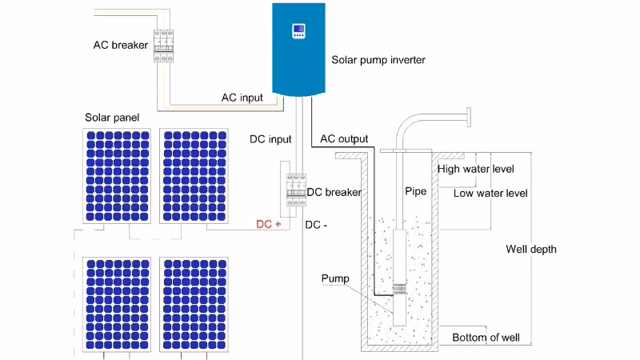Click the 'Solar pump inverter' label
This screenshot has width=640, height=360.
coord(378,60)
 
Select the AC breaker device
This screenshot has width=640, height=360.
coord(164,46)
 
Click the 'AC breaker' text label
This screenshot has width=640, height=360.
coord(121,45)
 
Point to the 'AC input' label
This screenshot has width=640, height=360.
coord(242,98)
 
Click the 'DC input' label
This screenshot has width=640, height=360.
coord(270,139)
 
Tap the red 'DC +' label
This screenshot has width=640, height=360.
coord(268,224)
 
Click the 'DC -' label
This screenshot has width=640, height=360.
coord(317,225)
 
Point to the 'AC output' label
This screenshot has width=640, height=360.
coord(344,138)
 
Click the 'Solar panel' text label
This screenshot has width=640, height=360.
coord(112,118)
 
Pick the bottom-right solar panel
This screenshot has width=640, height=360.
coord(194,305)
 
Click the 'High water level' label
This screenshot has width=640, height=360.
coord(475,169)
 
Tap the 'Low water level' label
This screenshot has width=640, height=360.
coord(490,193)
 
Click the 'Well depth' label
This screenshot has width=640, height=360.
coord(531,249)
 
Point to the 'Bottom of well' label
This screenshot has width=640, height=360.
coord(486,337)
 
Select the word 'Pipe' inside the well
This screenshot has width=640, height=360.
coord(415,192)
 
